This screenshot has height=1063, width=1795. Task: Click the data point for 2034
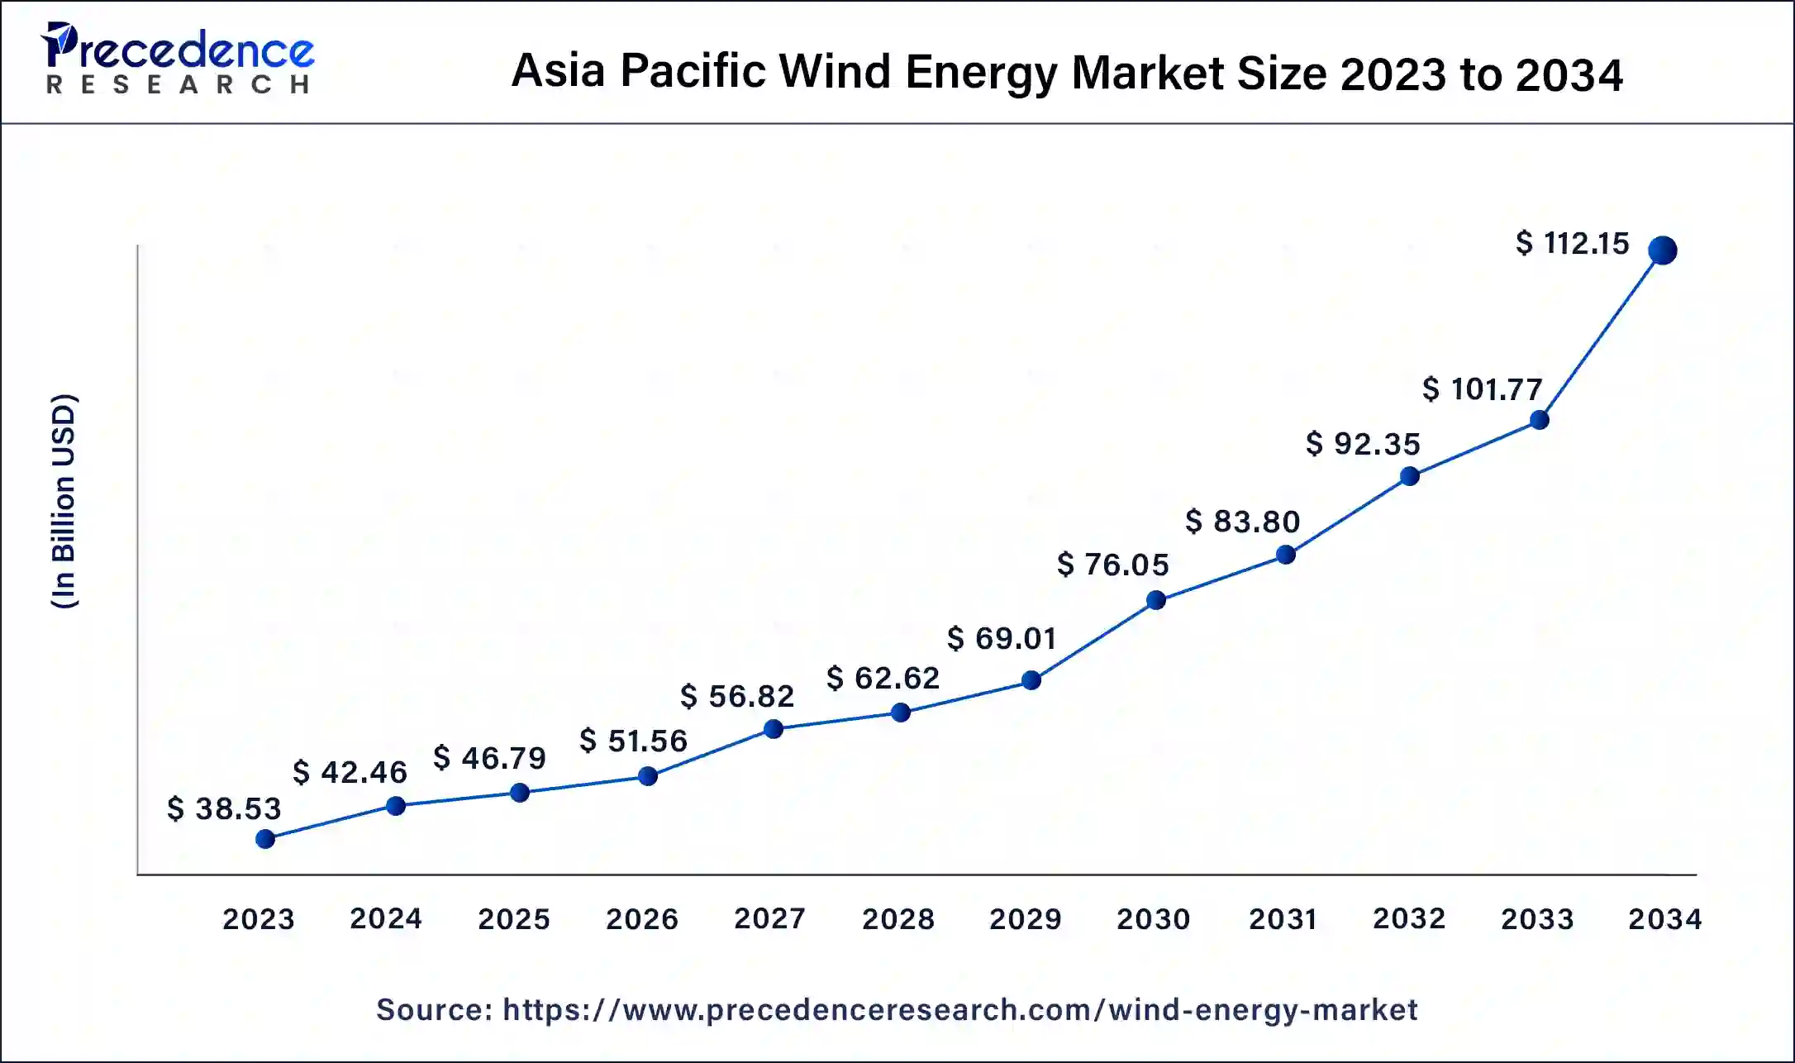(x=1662, y=250)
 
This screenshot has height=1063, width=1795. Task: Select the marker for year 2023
(x=265, y=839)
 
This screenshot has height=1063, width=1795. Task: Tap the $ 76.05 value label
(x=1112, y=565)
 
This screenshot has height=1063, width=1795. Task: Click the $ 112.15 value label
(x=1572, y=243)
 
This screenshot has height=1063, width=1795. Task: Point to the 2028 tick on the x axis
(x=897, y=918)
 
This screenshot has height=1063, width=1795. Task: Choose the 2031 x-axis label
(x=1282, y=918)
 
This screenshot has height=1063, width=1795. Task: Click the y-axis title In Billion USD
(x=64, y=501)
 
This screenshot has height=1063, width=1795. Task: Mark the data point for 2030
(x=1156, y=600)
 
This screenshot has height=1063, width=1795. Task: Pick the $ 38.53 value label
(x=224, y=808)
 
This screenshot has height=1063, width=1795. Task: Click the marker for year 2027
(x=773, y=729)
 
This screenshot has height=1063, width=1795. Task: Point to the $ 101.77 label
(x=1482, y=388)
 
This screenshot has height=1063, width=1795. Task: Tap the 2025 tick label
(x=513, y=918)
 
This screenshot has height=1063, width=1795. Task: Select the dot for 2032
(x=1410, y=476)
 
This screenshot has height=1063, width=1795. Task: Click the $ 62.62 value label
(x=883, y=678)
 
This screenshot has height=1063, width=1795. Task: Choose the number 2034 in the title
(x=1569, y=74)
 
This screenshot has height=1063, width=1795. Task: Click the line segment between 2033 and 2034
(x=1600, y=336)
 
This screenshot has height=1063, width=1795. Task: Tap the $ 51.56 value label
(x=633, y=741)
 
